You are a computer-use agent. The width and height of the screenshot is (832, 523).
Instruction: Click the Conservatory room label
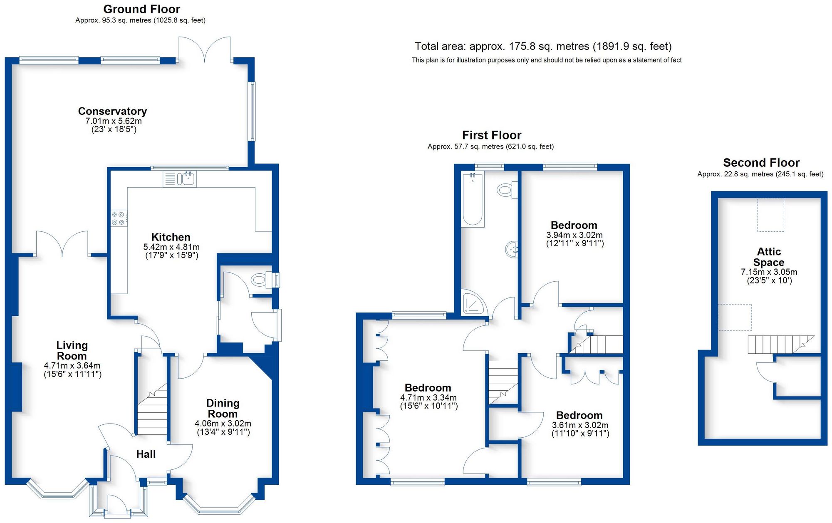[x=112, y=112]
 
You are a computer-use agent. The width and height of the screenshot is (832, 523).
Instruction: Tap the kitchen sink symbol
[x=186, y=179]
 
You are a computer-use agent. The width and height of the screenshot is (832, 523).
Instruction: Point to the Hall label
[x=146, y=454]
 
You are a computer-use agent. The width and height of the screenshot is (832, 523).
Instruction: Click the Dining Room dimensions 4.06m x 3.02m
[x=223, y=424]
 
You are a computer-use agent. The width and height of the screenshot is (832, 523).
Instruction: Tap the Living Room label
[x=72, y=351]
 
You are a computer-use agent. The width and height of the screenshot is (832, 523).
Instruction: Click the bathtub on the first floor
[x=473, y=200]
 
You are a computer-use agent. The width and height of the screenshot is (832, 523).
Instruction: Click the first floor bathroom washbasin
[x=512, y=250]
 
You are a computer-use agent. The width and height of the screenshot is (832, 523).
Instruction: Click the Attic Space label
[x=769, y=257]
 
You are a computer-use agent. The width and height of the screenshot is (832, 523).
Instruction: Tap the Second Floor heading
[x=761, y=163]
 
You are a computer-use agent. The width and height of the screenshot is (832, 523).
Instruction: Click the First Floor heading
[x=491, y=135]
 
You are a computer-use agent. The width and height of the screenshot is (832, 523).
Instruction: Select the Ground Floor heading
[x=141, y=9]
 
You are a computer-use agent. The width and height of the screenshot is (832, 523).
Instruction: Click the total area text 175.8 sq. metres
[x=543, y=46]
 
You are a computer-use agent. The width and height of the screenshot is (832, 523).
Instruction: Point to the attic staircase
[x=778, y=345]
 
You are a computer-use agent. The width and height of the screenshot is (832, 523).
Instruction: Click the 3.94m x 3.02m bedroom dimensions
[x=574, y=235]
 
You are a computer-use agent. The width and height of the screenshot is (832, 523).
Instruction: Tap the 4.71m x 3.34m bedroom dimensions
[x=428, y=398]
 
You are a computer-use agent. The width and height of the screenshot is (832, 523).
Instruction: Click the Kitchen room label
[x=171, y=237]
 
